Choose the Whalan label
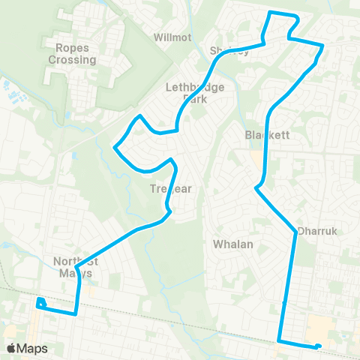click(x=233, y=244)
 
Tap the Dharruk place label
click(x=314, y=231)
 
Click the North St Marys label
click(x=73, y=267)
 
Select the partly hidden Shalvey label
click(x=229, y=51)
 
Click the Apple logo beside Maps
click(x=11, y=348)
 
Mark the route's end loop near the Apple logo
click(x=40, y=303)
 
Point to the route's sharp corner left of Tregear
click(x=114, y=147)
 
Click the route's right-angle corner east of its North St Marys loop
click(x=76, y=314)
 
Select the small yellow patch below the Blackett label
click(x=258, y=160)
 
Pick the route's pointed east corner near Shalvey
click(x=323, y=46)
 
